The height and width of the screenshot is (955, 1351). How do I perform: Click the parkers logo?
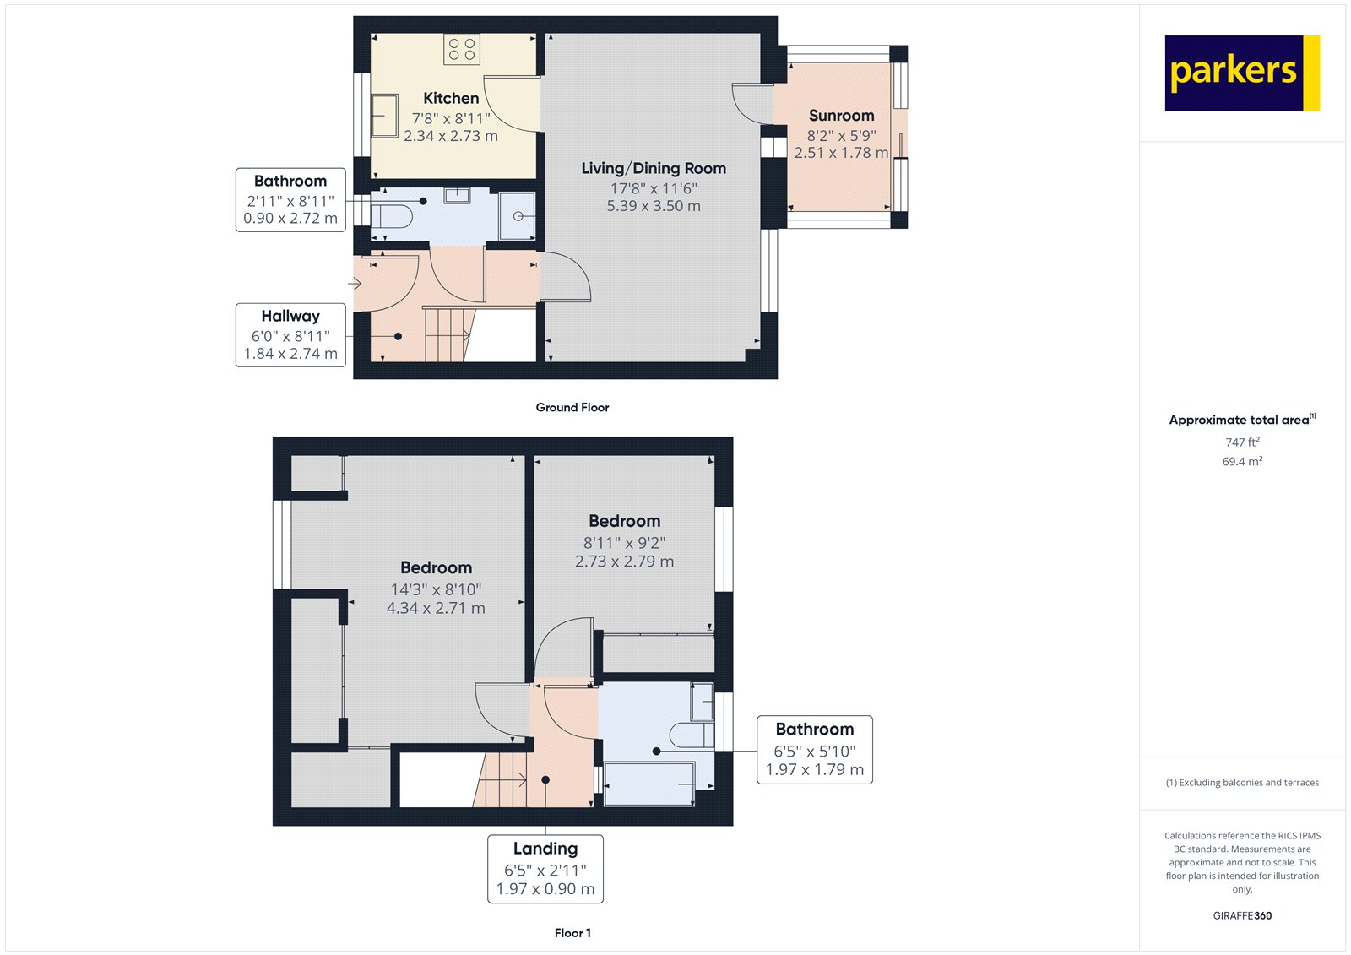point(1241,73)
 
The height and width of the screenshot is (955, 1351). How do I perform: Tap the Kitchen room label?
point(451,98)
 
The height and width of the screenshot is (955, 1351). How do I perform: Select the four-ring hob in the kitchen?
point(461,49)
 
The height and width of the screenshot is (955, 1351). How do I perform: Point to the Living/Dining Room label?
point(654,168)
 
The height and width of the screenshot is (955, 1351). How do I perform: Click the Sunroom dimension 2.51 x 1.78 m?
point(841,153)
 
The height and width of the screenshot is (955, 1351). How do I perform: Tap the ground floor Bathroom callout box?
point(290,200)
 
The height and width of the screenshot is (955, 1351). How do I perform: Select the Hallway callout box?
point(290,335)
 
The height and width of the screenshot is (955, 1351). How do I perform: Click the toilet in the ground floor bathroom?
point(392,215)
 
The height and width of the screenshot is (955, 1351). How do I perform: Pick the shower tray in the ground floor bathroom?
point(517,216)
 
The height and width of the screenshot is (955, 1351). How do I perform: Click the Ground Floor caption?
point(572,407)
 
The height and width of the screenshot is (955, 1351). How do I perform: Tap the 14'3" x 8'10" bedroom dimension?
point(436,589)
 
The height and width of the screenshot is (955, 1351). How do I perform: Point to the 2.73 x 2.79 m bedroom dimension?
point(624,562)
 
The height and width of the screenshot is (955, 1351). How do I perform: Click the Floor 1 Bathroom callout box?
point(814,750)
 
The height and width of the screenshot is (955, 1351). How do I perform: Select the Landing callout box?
point(545,869)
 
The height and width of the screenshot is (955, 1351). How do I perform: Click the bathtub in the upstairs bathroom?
point(649,784)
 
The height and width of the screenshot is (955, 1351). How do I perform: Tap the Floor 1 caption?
point(572,933)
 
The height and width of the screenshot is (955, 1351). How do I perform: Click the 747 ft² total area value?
point(1242,442)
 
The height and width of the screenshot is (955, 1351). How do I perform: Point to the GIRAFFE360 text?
point(1242,915)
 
